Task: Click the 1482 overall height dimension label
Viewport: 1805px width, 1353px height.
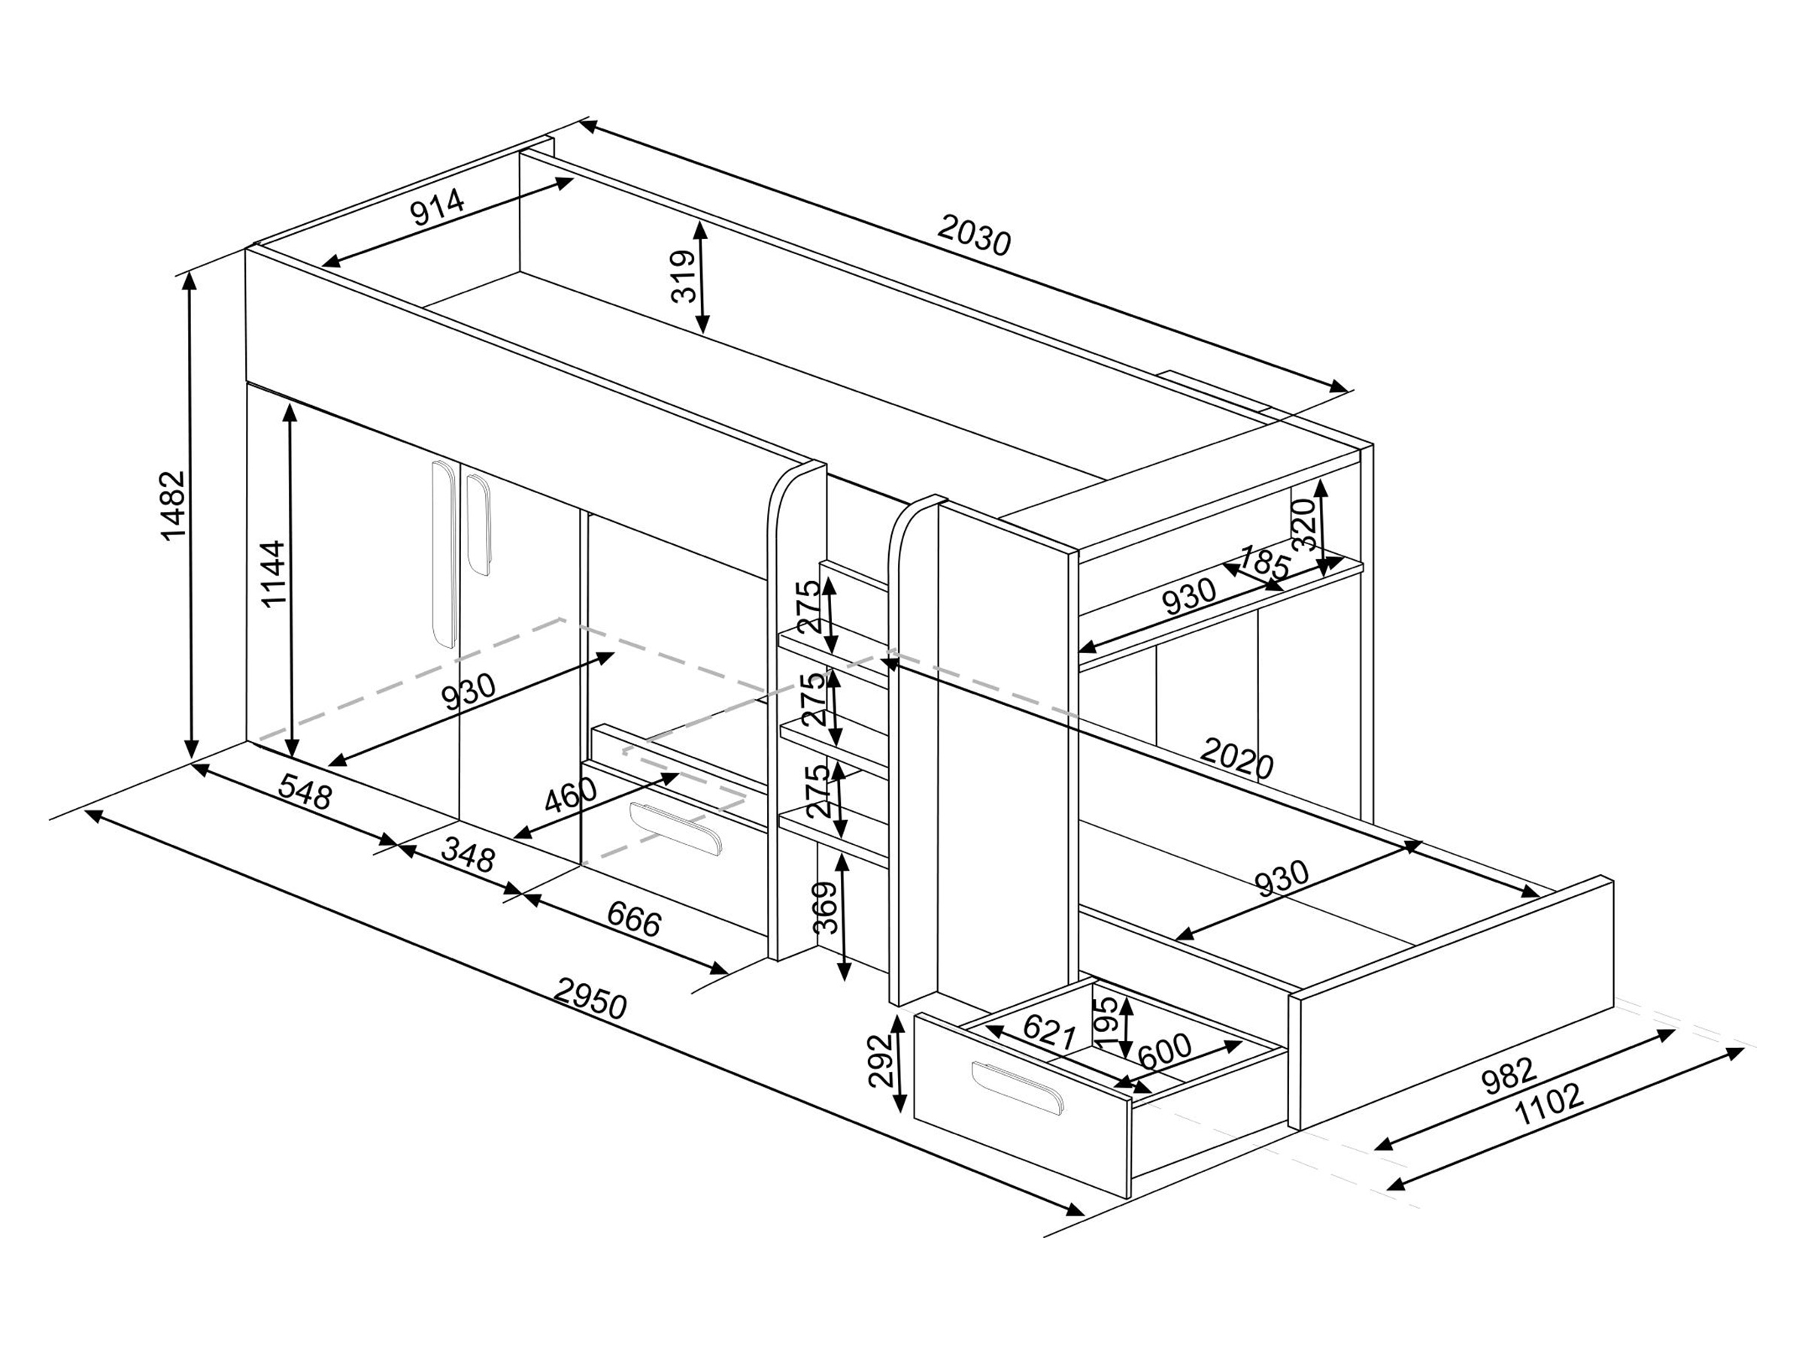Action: (174, 505)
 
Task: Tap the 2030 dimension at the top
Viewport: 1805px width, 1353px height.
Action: (973, 234)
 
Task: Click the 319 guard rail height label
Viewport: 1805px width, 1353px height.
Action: (684, 277)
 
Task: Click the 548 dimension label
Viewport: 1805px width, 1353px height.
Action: (305, 790)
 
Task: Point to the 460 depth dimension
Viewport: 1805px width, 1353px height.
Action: (571, 795)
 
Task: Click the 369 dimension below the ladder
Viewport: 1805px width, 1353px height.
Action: (827, 907)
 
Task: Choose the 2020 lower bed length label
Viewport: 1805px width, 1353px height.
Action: (1237, 758)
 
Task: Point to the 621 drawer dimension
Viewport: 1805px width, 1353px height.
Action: (1049, 1033)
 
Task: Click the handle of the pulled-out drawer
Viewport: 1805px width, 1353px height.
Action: (1018, 1088)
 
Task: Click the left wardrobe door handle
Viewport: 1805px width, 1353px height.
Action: (442, 555)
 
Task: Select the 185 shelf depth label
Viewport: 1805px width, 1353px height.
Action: (1264, 564)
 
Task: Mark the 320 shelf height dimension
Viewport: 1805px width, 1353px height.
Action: (1304, 525)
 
